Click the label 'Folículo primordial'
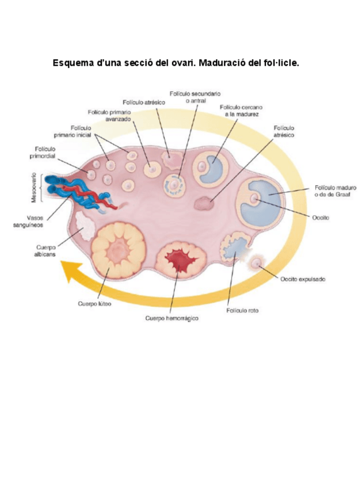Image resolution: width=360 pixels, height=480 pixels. click(42, 152)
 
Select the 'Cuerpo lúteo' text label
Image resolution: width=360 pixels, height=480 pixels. click(95, 304)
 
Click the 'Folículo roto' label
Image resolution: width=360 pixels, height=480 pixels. click(242, 311)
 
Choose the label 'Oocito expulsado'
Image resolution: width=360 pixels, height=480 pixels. click(302, 278)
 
